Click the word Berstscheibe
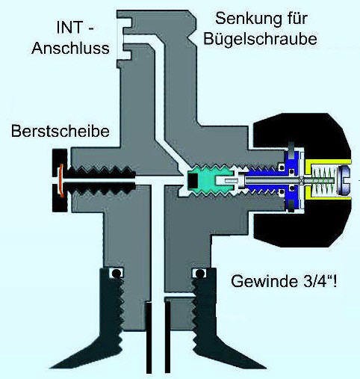click(60, 131)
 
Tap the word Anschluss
click(70, 48)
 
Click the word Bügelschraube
click(260, 40)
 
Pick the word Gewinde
click(264, 281)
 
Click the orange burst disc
click(60, 180)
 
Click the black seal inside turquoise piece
click(193, 180)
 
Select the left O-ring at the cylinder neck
click(116, 274)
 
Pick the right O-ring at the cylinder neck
click(199, 274)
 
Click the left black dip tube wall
click(148, 338)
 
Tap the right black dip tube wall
click(167, 338)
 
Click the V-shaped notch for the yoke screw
click(190, 38)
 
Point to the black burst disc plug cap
click(60, 180)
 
